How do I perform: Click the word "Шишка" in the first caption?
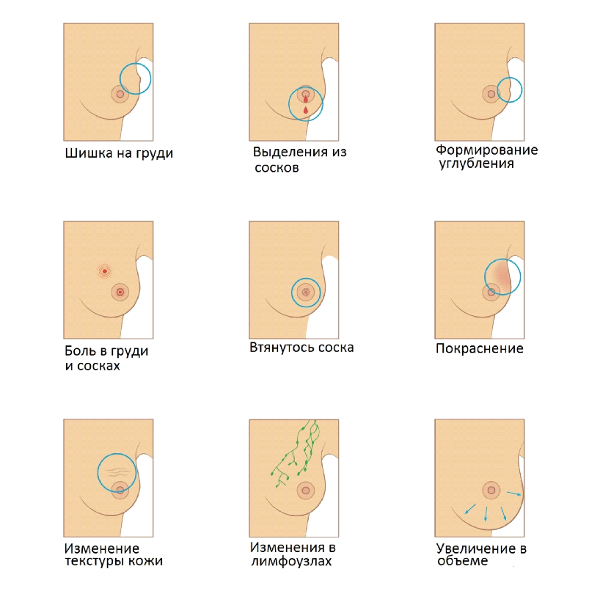84,154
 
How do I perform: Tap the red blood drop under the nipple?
305,109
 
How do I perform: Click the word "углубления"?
475,164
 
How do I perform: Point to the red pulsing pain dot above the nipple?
105,271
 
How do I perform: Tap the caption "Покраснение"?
479,348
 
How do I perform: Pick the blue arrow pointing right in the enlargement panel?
515,493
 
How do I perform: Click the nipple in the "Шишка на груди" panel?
120,94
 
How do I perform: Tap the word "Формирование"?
486,150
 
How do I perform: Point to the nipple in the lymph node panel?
305,490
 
